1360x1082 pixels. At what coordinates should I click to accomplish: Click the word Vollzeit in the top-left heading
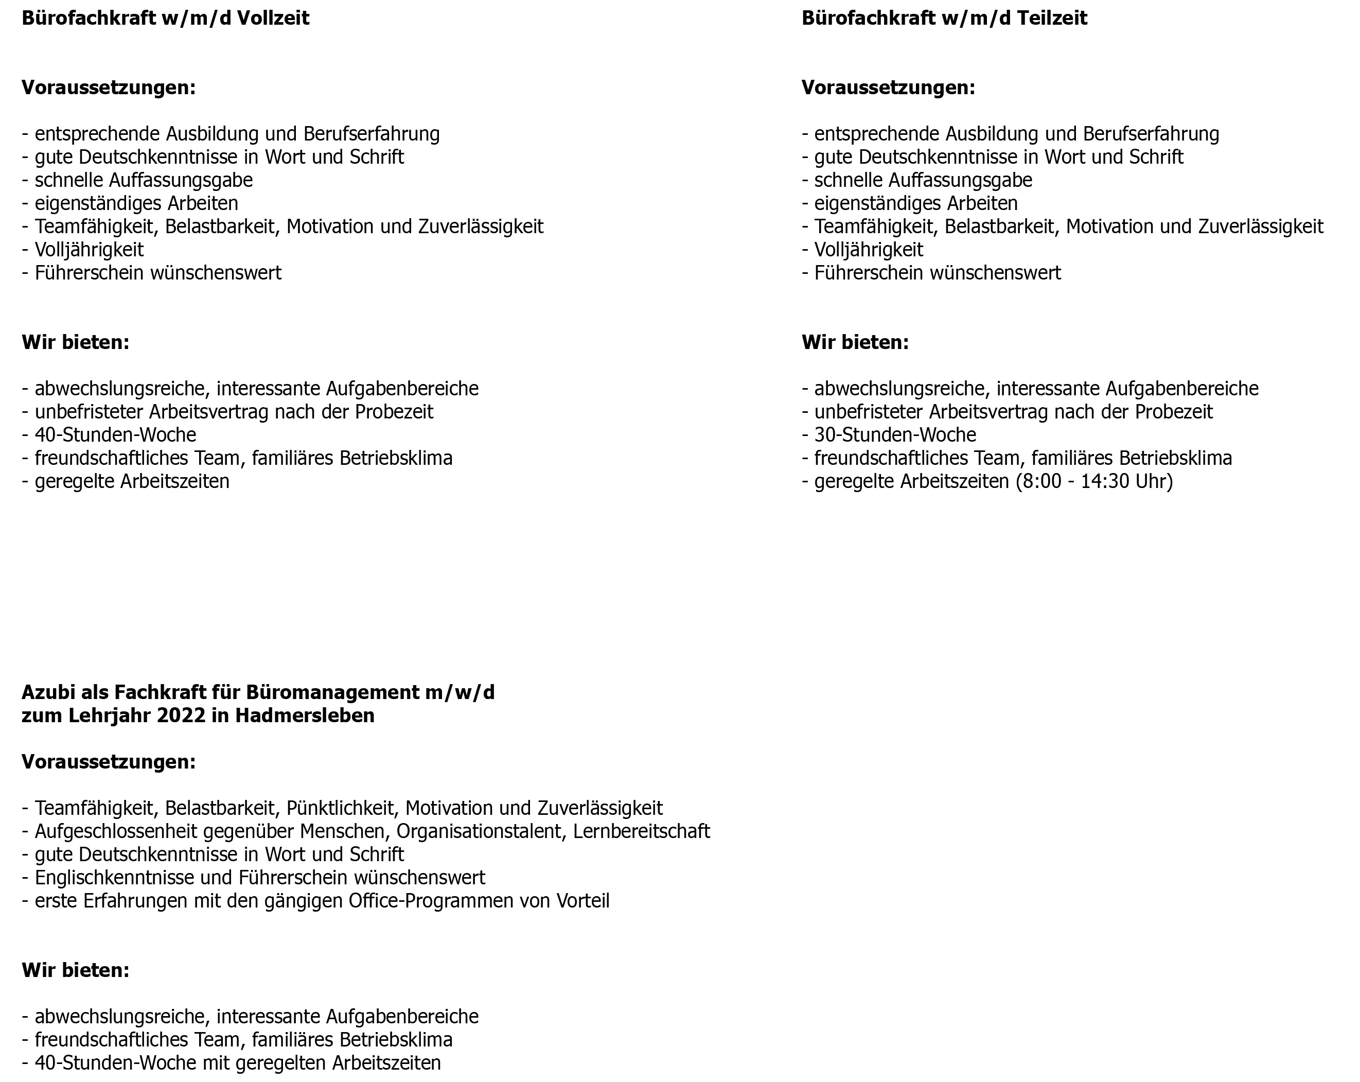(273, 19)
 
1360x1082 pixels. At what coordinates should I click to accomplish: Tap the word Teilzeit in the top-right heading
(1052, 19)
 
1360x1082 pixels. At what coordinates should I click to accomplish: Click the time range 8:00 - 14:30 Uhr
(1094, 481)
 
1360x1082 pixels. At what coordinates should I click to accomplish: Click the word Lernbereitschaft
(642, 831)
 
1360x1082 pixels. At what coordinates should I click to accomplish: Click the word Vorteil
(583, 901)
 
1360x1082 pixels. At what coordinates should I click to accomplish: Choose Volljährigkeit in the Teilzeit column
(869, 250)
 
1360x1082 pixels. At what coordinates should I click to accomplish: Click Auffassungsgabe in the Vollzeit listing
(181, 181)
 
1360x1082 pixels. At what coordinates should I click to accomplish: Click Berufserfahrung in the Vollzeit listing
(372, 134)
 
